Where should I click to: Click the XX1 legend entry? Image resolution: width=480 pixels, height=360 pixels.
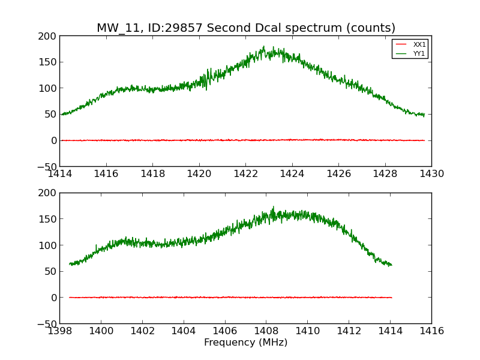[x=419, y=44]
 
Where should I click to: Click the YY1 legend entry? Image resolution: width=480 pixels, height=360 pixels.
[x=419, y=53]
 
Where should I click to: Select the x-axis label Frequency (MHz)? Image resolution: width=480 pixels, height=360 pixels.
[x=245, y=343]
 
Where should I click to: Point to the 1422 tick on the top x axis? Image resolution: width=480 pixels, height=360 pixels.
[x=245, y=174]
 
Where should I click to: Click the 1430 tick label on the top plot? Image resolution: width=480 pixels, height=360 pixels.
[x=431, y=174]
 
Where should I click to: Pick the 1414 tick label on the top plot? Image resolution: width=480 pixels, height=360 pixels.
[x=59, y=174]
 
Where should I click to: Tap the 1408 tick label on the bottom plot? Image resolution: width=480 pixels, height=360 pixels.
[x=266, y=331]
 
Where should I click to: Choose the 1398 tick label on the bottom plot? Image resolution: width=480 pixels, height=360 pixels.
[x=59, y=331]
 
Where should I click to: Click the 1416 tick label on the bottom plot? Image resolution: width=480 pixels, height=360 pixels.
[x=431, y=331]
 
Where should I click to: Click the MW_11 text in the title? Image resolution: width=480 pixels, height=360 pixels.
[x=116, y=28]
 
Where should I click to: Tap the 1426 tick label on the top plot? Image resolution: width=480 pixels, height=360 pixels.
[x=338, y=174]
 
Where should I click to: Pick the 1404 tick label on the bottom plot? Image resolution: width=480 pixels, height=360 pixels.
[x=183, y=331]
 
